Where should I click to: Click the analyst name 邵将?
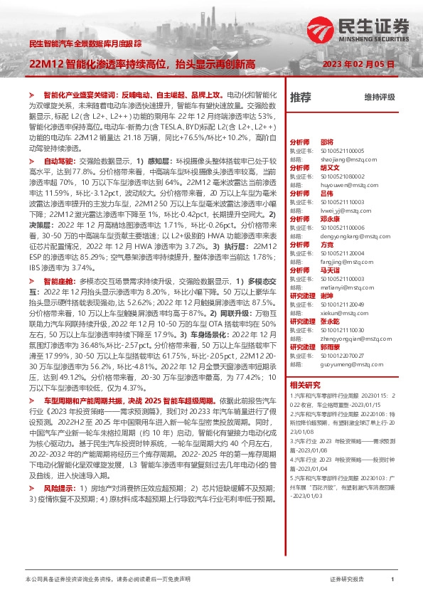(326, 122)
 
